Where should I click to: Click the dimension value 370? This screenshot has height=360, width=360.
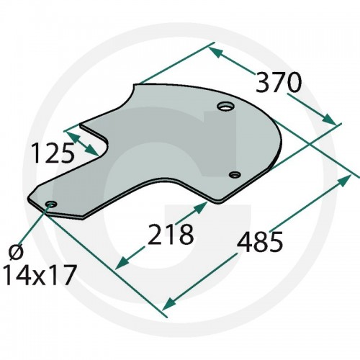(x=278, y=82)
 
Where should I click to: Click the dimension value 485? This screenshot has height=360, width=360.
(x=260, y=241)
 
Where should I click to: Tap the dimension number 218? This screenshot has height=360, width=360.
(x=171, y=234)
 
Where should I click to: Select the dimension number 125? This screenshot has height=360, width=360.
(x=53, y=153)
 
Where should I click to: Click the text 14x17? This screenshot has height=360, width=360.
(x=40, y=275)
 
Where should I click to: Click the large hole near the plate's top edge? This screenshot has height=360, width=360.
(x=225, y=106)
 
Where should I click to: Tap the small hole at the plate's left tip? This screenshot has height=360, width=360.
(x=51, y=204)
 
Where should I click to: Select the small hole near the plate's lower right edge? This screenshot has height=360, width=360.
(x=235, y=174)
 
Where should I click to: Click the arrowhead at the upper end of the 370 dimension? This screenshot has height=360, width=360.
(x=215, y=53)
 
